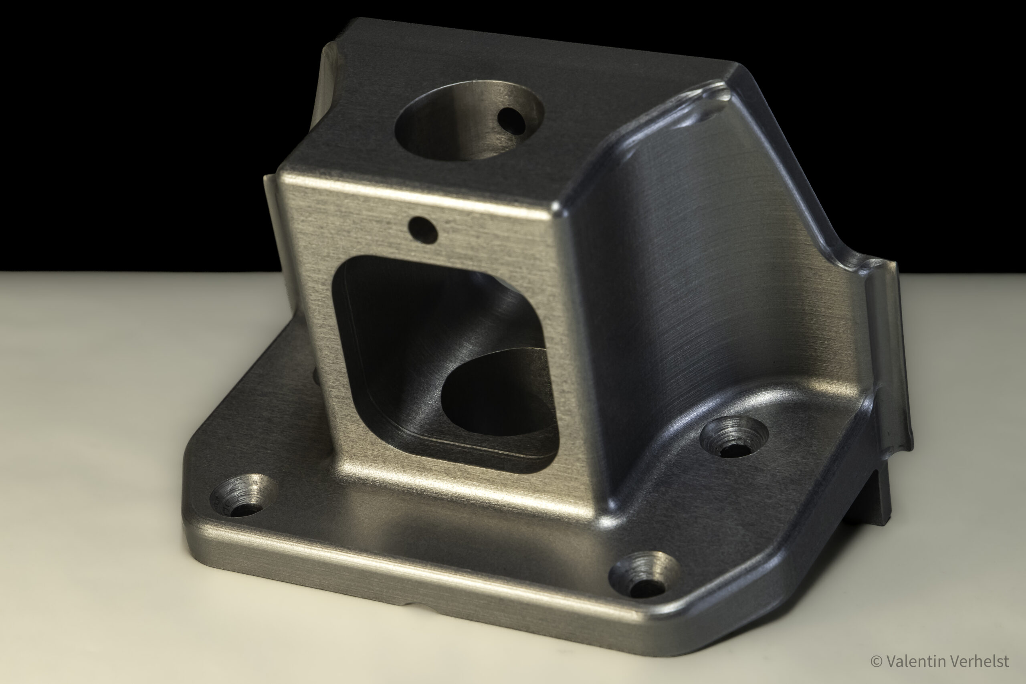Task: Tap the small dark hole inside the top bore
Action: pyautogui.click(x=512, y=120)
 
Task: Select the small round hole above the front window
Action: pyautogui.click(x=423, y=230)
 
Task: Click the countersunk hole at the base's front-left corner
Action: pyautogui.click(x=243, y=496)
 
